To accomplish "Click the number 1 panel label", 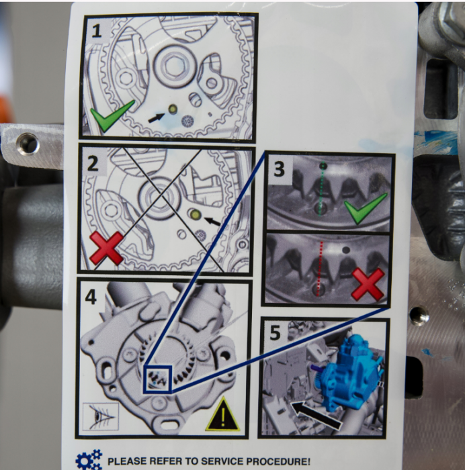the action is (96, 32).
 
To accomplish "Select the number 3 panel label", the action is (279, 169).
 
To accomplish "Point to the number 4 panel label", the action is (91, 297).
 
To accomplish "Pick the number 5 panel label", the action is (275, 333).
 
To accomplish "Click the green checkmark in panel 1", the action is (112, 116).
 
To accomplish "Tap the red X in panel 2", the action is (106, 248).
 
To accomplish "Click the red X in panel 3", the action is (368, 284).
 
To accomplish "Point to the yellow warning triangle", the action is (222, 415).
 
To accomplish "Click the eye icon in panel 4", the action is (101, 417).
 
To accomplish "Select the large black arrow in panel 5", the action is (316, 416).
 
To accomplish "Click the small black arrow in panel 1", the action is (157, 117).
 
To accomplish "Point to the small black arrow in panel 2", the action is (212, 222).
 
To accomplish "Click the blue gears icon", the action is (89, 459).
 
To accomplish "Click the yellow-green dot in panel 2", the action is (196, 214).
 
